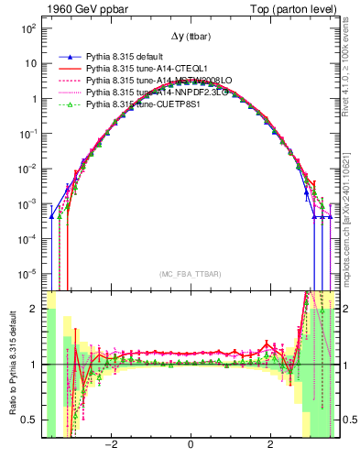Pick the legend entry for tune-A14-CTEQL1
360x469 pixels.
coord(134,69)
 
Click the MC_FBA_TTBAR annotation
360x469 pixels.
coord(190,273)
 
